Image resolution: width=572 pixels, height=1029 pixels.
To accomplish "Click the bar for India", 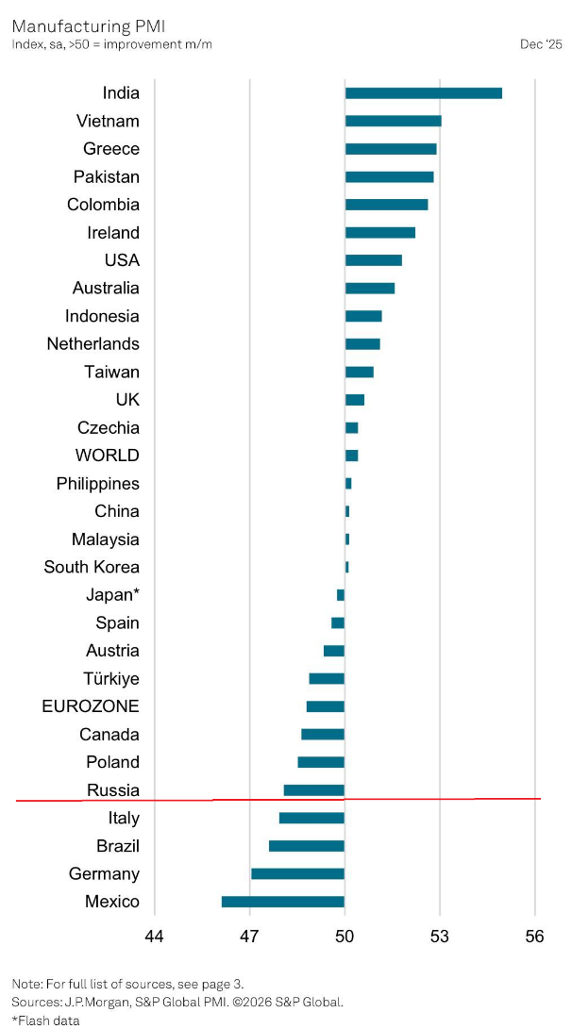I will [423, 92].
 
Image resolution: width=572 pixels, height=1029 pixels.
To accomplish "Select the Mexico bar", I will [283, 902].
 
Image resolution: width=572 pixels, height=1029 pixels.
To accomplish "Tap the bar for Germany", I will [297, 874].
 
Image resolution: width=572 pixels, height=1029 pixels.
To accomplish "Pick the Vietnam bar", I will [393, 121].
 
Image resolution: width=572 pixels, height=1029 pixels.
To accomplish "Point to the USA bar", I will [373, 260].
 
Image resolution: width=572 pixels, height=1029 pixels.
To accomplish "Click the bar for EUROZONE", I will [326, 706].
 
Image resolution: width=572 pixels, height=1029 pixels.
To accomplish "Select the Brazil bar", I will [307, 846].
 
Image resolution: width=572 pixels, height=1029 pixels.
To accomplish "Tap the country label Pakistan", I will [107, 176].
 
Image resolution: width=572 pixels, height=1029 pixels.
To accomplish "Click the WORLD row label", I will [108, 456].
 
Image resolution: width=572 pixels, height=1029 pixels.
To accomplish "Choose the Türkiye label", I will [111, 678].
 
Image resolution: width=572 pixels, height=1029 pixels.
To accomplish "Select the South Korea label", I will [92, 567].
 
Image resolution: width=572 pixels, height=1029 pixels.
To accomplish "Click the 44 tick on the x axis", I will [154, 937].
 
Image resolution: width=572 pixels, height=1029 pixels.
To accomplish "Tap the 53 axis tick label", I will [440, 937].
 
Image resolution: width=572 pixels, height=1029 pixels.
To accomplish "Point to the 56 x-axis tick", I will [535, 937].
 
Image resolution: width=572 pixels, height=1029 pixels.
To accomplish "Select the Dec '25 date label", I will [541, 44].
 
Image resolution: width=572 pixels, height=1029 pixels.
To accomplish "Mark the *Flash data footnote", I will [45, 1020].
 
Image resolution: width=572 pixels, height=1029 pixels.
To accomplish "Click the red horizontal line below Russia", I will [283, 800].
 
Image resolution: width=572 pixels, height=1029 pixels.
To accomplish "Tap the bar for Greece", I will [391, 149].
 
